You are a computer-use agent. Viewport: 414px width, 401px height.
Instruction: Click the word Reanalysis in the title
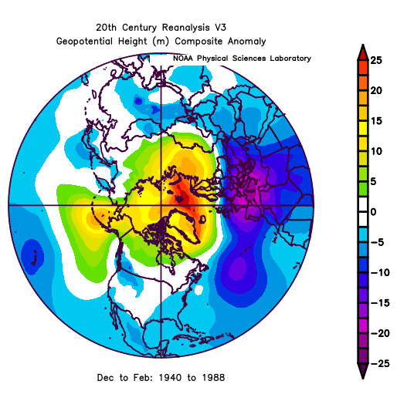186,28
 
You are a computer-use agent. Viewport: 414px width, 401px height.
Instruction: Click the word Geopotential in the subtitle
84,42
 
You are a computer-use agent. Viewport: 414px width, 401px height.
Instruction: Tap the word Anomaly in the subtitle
247,42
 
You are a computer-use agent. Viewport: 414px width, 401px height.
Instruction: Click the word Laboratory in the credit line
290,59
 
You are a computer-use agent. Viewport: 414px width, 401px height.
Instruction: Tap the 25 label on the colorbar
376,60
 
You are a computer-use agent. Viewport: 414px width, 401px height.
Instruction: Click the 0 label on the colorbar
373,212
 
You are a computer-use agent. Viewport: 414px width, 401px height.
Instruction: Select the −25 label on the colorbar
380,363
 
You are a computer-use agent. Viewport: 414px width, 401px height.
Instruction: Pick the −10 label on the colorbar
380,272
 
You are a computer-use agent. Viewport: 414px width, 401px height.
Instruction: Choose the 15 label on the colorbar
376,121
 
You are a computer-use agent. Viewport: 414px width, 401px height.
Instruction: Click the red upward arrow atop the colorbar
363,52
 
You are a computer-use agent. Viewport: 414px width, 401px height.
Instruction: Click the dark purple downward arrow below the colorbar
363,370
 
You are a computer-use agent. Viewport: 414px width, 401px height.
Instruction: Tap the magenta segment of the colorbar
363,326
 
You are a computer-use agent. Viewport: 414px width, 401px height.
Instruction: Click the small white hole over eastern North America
199,290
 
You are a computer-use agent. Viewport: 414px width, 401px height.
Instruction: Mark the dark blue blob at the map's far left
32,257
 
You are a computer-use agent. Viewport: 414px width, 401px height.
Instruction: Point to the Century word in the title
140,28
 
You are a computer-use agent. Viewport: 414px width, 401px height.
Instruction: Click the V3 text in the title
221,28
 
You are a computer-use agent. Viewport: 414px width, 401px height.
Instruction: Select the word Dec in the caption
106,378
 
